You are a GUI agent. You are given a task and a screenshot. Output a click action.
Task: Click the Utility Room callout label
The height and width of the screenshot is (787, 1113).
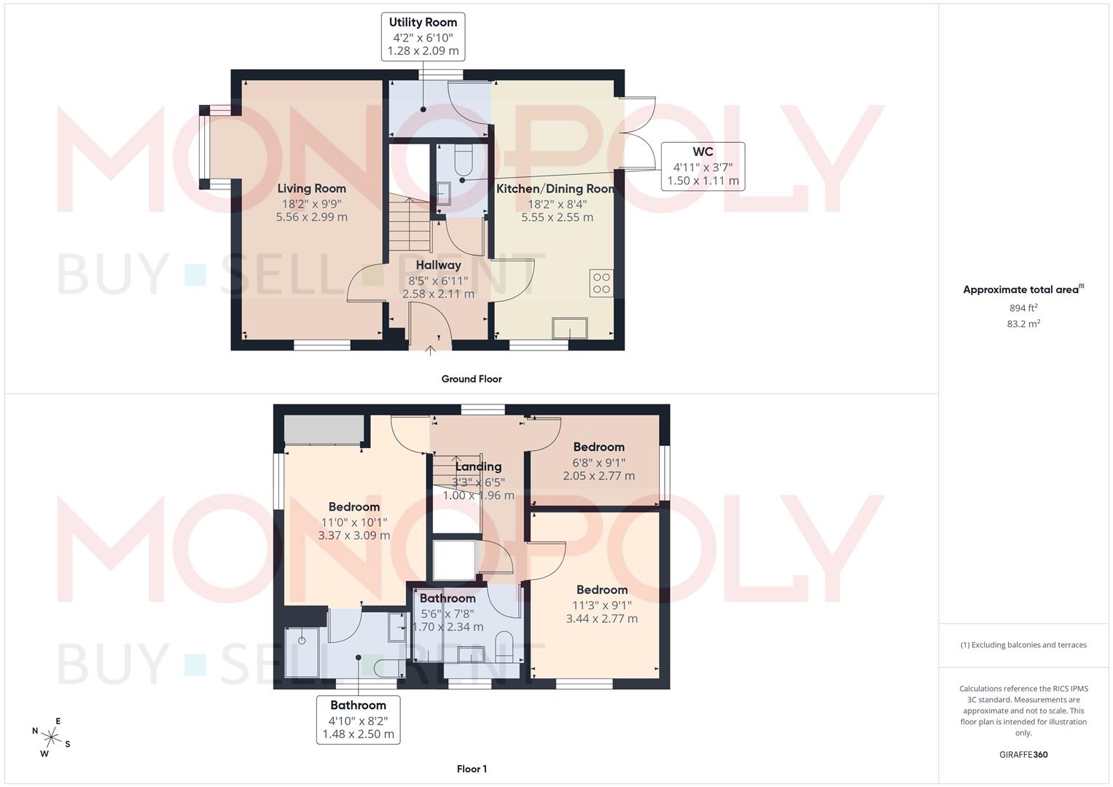coord(423,36)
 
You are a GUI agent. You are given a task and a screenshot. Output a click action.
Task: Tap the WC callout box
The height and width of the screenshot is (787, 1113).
coord(703,166)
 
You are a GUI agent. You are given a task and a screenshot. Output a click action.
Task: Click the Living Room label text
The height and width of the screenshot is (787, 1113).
coord(311,188)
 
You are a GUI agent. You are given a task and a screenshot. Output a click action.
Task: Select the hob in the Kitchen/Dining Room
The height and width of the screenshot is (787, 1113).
coord(601,283)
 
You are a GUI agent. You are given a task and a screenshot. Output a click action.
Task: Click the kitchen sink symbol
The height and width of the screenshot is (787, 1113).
coord(570,329)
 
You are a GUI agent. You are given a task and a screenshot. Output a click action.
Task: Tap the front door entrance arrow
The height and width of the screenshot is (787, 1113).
coord(430,351)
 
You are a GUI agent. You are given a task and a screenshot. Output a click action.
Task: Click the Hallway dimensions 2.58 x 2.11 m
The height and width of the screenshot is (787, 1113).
coord(438,294)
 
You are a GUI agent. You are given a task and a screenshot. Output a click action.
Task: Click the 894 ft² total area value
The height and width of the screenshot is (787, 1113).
coord(1023,308)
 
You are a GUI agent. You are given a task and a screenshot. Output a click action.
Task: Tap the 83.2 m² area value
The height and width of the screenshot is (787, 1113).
coord(1023,324)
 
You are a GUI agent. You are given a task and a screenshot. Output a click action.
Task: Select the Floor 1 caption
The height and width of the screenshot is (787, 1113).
coord(472,769)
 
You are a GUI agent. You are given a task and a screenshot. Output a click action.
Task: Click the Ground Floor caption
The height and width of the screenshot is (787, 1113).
coord(472,379)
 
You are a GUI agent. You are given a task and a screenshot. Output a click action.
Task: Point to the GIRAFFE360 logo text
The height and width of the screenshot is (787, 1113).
coord(1023,755)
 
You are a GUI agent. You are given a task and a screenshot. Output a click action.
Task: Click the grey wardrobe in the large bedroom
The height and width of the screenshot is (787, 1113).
coord(324,429)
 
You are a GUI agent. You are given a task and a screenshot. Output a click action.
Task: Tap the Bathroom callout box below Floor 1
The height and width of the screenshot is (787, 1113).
coord(358,719)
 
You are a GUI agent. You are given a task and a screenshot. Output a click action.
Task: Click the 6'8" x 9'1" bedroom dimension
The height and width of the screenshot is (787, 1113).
coord(598,462)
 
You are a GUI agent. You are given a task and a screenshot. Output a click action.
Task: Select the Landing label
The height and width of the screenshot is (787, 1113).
coord(478,466)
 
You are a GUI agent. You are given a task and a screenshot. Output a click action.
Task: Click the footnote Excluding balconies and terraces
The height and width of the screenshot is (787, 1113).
coord(1023,645)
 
